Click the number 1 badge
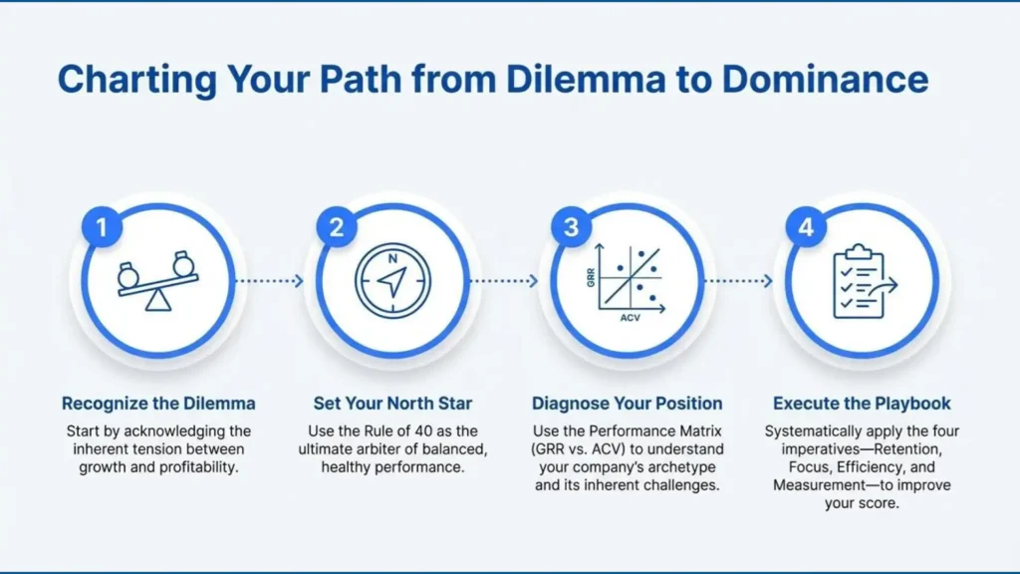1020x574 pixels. click(x=103, y=227)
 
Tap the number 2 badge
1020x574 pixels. click(x=337, y=227)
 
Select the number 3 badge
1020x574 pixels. click(x=571, y=227)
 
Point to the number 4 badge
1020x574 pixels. click(x=806, y=227)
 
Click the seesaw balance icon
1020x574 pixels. click(x=158, y=280)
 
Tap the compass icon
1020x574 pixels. click(x=392, y=281)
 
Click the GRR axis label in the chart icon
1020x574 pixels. click(x=591, y=277)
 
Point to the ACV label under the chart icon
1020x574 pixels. click(x=630, y=318)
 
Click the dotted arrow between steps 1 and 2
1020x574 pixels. click(x=269, y=281)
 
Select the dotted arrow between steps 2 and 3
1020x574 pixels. click(x=504, y=281)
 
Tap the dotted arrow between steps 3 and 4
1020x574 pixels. click(x=739, y=281)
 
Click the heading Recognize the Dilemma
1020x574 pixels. click(x=158, y=404)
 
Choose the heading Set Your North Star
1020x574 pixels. click(x=392, y=404)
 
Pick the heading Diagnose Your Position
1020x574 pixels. click(x=628, y=404)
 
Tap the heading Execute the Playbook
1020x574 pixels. click(x=862, y=404)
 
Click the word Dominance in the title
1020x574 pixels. click(x=825, y=80)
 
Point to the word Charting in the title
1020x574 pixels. click(x=137, y=80)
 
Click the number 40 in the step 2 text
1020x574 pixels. click(x=423, y=430)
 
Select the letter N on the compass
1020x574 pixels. click(x=392, y=258)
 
